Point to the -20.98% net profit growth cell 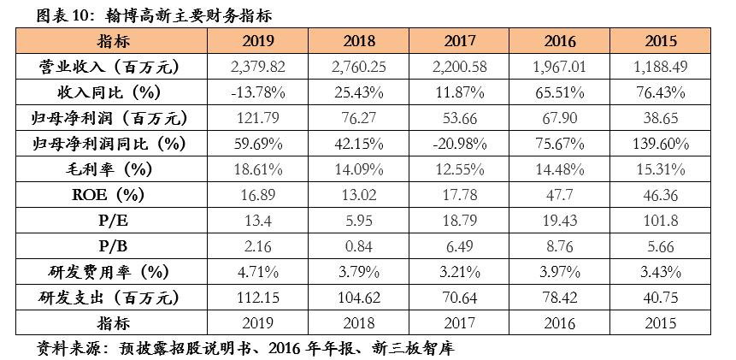[x=466, y=144]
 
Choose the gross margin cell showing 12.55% [x=466, y=169]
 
